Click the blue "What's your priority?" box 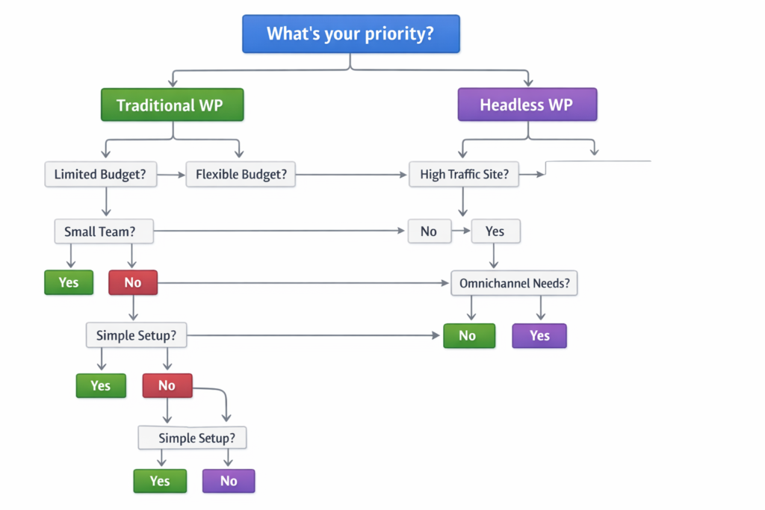point(350,34)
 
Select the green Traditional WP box point(172,105)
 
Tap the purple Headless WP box point(527,105)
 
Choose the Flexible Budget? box point(241,175)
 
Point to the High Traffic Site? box point(463,175)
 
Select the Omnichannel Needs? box point(514,284)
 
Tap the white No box point(429,231)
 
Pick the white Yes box point(495,231)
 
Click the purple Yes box point(539,336)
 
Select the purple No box point(229,481)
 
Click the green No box point(468,336)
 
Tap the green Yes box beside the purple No point(160,481)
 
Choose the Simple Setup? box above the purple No point(192,438)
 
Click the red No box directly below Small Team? point(133,283)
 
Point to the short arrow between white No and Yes point(461,231)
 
